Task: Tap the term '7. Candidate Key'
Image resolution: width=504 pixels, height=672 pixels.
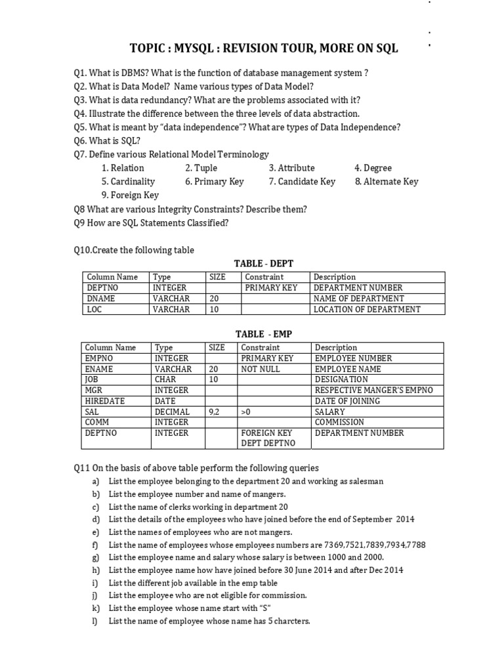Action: pyautogui.click(x=302, y=181)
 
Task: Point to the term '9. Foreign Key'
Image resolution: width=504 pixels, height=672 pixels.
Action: pyautogui.click(x=130, y=195)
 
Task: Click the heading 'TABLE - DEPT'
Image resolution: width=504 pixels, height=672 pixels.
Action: pyautogui.click(x=268, y=263)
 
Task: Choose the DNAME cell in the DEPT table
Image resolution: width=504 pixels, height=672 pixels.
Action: pyautogui.click(x=101, y=299)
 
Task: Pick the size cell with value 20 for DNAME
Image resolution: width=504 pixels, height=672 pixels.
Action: pyautogui.click(x=214, y=299)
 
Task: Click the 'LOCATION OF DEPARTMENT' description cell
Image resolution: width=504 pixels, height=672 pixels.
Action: pyautogui.click(x=367, y=309)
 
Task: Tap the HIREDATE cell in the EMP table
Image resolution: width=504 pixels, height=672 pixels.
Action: pyautogui.click(x=105, y=401)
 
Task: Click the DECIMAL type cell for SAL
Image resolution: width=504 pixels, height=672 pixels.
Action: pyautogui.click(x=172, y=411)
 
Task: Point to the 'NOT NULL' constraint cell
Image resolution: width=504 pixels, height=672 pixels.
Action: pyautogui.click(x=261, y=369)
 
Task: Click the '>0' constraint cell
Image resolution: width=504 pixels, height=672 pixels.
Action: pyautogui.click(x=247, y=411)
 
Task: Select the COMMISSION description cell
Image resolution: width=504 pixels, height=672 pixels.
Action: pyautogui.click(x=343, y=422)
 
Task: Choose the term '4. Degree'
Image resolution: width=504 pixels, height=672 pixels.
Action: pyautogui.click(x=373, y=168)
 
